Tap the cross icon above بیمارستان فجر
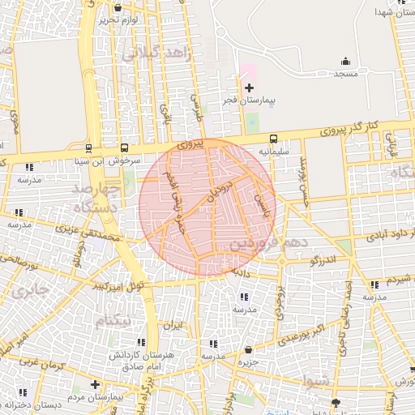tap(249, 88)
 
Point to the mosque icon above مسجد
tap(346, 62)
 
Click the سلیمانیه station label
tap(274, 150)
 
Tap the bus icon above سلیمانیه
tap(274, 138)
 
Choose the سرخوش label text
tap(126, 160)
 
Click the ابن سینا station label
tap(88, 160)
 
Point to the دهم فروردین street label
tap(264, 242)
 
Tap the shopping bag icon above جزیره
tap(248, 350)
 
